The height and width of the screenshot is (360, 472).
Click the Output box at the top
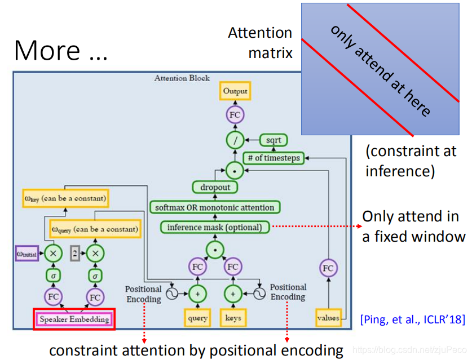235,91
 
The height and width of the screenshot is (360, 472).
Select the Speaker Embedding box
74,319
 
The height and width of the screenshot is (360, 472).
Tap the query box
198,318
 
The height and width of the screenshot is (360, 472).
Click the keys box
233,318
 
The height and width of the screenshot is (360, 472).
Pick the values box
328,318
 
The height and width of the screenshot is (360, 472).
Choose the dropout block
215,187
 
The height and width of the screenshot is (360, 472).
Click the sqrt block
274,140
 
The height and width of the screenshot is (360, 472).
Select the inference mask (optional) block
214,227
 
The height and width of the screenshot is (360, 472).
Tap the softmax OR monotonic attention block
215,207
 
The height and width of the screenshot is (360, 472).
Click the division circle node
235,139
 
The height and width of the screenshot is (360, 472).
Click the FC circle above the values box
328,269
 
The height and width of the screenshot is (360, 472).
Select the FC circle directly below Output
235,115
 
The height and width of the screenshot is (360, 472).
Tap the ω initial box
27,254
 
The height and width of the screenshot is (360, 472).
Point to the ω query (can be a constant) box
94,229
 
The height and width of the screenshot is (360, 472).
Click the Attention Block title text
182,78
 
